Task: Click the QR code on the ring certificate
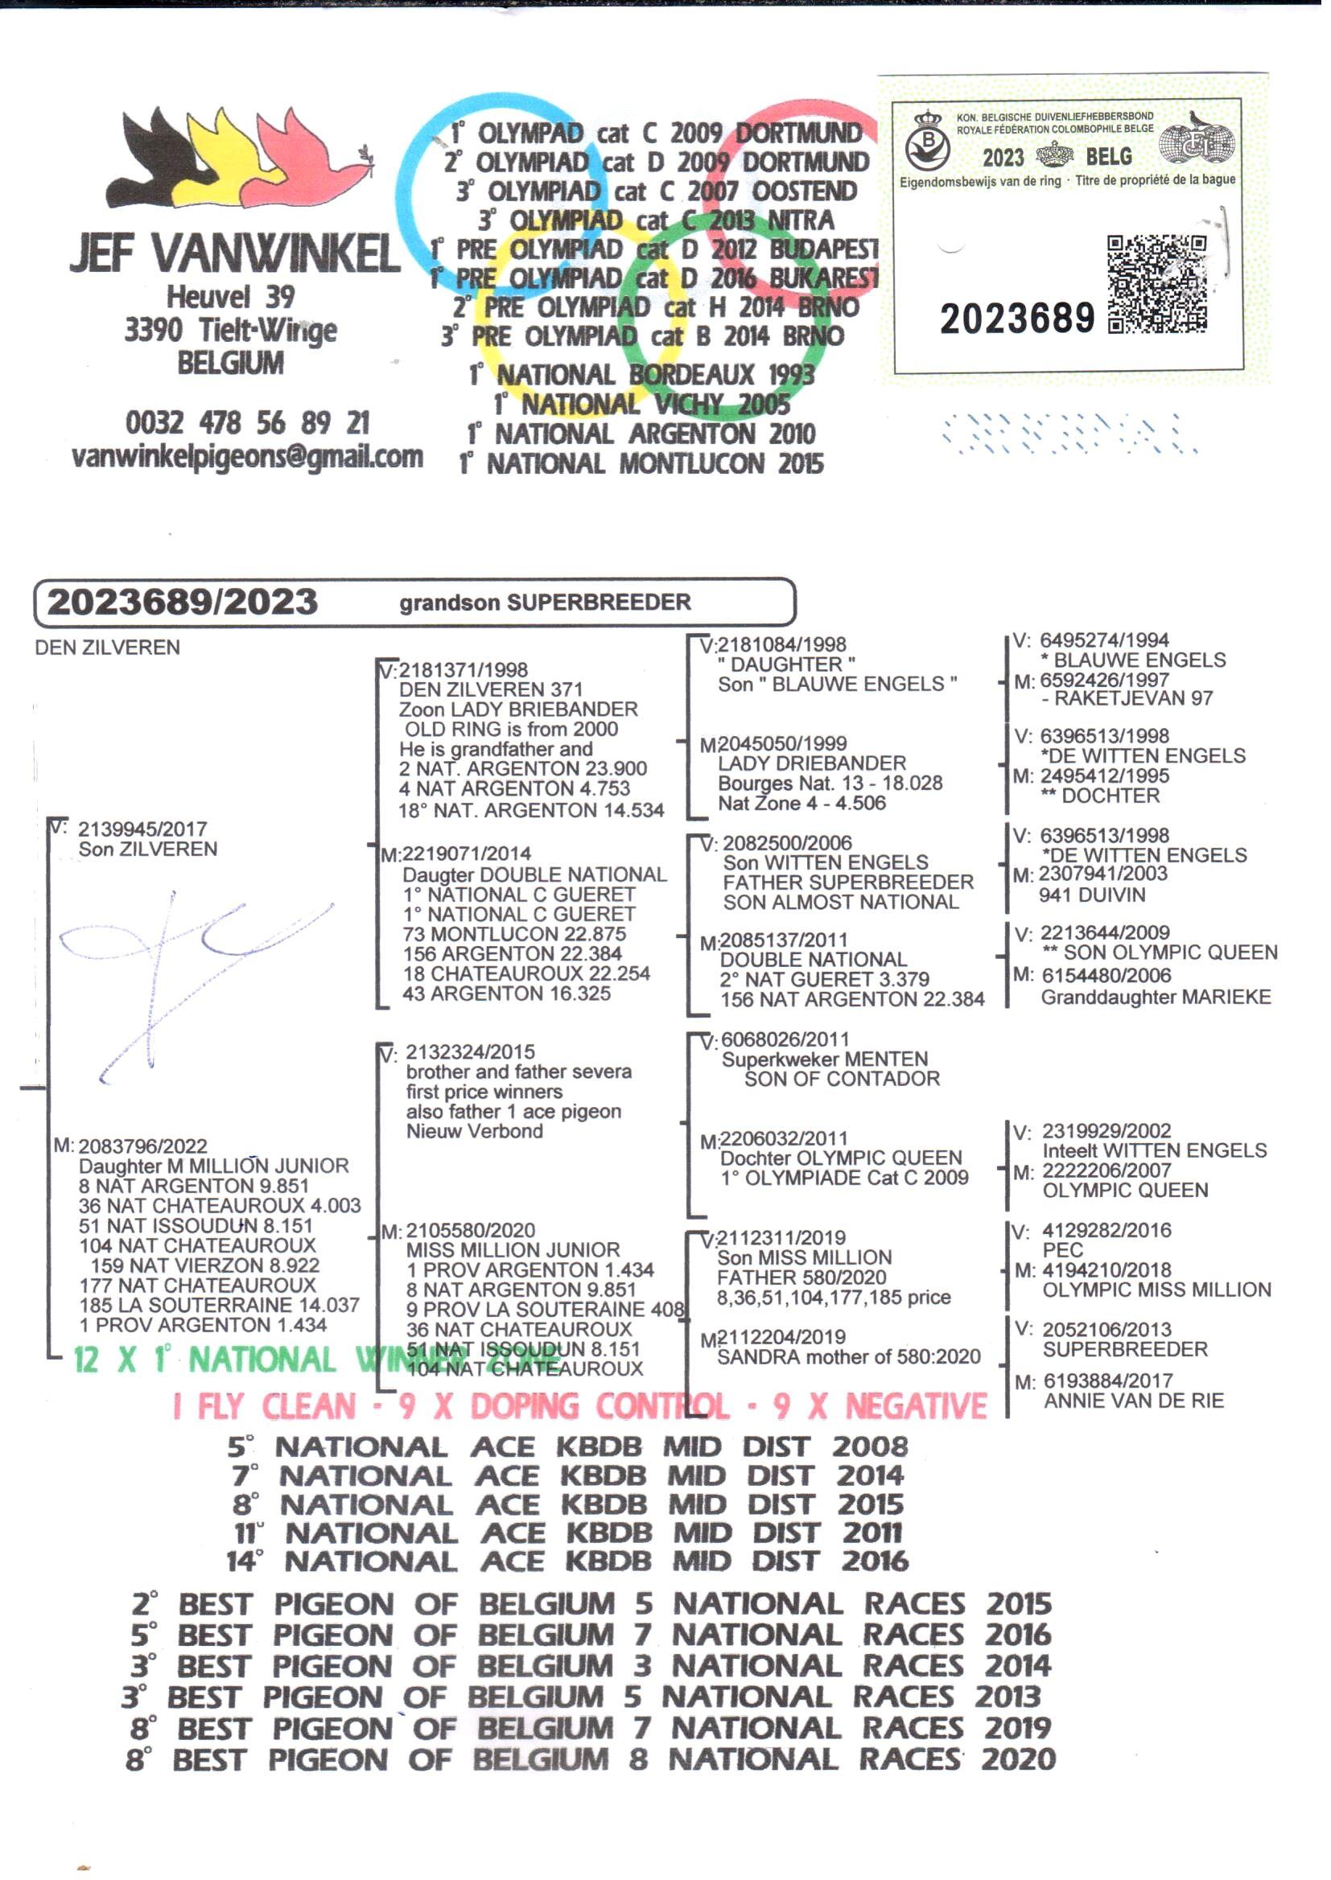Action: tap(1156, 283)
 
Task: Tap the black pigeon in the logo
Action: tap(160, 155)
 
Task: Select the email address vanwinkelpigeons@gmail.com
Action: tap(247, 456)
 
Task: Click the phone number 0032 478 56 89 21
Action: tap(247, 422)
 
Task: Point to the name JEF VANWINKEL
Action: tap(235, 253)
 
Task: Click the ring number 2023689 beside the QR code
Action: tap(1016, 319)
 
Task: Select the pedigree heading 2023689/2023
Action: tap(182, 602)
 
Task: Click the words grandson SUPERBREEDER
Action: tap(545, 603)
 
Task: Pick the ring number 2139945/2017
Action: tap(142, 829)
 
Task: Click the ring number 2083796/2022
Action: tap(142, 1146)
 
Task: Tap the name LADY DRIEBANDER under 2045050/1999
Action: tap(811, 763)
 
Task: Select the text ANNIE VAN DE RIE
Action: tap(1134, 1400)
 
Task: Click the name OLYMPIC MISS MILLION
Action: tap(1156, 1290)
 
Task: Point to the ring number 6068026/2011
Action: tap(785, 1039)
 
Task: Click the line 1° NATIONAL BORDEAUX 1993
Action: tap(641, 375)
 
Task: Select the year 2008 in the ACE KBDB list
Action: tap(870, 1446)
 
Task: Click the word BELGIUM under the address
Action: tap(230, 363)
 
